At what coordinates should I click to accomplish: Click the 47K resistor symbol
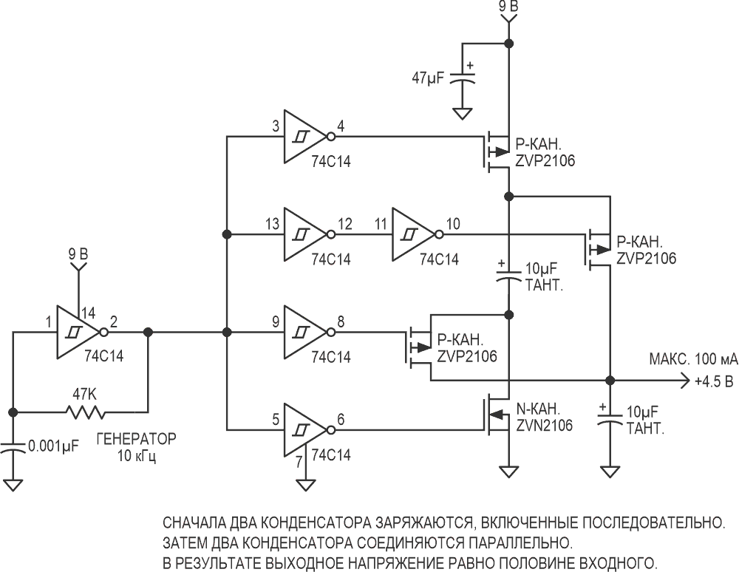point(84,412)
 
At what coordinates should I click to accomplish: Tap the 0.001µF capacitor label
point(52,445)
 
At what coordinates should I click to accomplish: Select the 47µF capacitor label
point(429,78)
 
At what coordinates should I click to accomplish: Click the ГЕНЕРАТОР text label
point(136,439)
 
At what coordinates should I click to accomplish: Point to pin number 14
point(88,313)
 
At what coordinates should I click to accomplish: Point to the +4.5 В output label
point(714,381)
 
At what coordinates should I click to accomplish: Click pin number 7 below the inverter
point(299,462)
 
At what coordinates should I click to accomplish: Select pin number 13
point(272,224)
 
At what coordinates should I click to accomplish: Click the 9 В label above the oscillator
point(78,255)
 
